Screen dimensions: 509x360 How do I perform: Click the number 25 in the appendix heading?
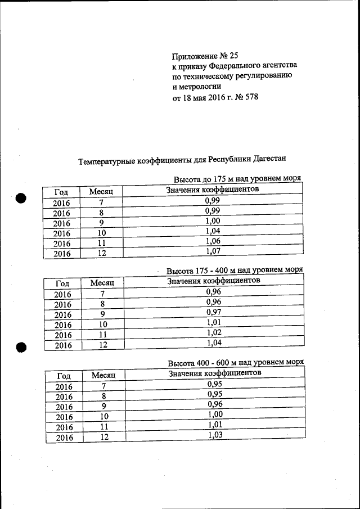(x=234, y=56)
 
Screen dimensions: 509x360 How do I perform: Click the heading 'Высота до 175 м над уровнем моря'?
(x=237, y=179)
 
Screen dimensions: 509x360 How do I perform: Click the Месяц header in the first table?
(x=101, y=192)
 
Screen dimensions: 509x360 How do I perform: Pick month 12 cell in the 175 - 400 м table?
(x=102, y=345)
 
